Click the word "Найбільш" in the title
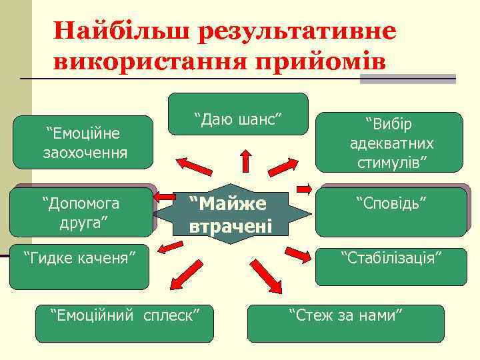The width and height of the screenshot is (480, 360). pyautogui.click(x=123, y=31)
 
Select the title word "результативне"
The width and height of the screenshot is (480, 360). pyautogui.click(x=296, y=31)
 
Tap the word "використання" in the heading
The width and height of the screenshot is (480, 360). pyautogui.click(x=147, y=61)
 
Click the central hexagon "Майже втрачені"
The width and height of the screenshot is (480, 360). pyautogui.click(x=230, y=214)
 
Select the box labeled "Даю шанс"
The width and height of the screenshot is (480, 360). pyautogui.click(x=238, y=113)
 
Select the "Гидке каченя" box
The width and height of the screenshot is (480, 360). pyautogui.click(x=79, y=266)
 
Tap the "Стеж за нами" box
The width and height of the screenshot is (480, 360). pyautogui.click(x=345, y=323)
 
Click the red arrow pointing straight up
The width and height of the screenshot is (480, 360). pyautogui.click(x=245, y=162)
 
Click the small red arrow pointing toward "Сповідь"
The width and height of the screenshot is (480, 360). pyautogui.click(x=304, y=188)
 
